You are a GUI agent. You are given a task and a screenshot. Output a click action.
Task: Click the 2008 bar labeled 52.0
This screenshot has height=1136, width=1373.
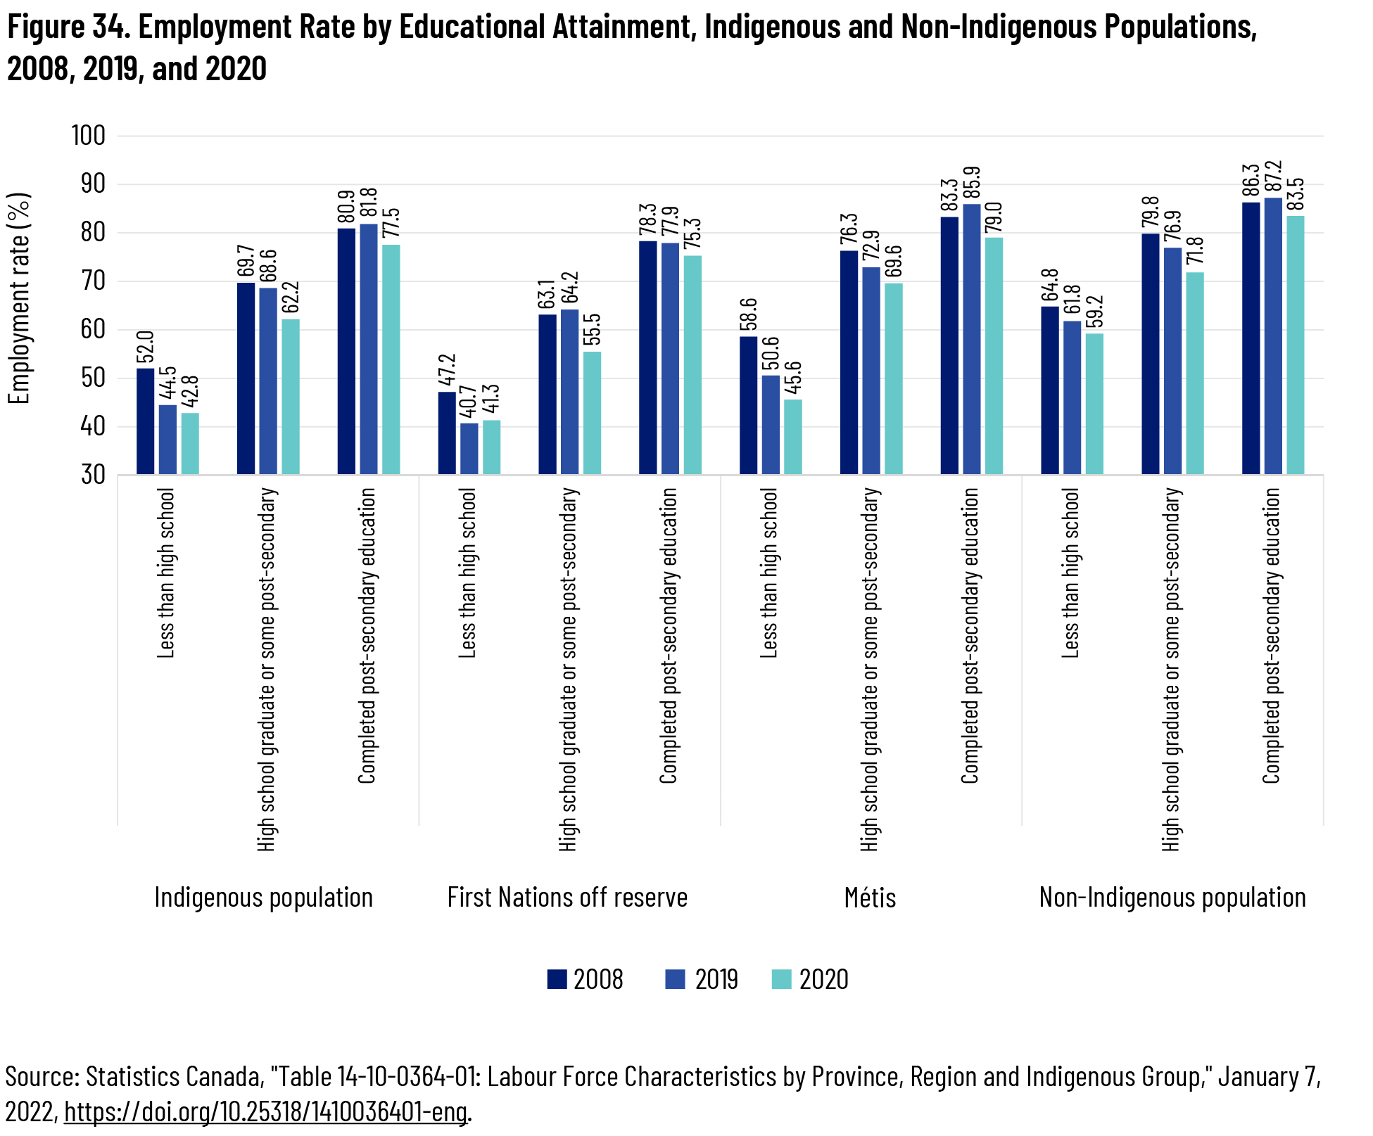tap(145, 421)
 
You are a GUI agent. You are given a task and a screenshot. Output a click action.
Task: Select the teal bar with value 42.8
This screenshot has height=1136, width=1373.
tap(190, 443)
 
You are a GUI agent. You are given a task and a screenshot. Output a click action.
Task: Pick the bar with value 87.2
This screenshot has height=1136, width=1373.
tap(1273, 336)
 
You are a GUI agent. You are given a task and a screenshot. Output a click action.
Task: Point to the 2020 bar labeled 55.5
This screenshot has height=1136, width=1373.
tap(593, 413)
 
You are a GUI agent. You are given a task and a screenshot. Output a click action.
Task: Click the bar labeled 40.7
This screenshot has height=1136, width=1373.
tap(469, 448)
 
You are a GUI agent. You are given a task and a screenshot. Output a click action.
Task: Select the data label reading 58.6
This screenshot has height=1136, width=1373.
tap(749, 314)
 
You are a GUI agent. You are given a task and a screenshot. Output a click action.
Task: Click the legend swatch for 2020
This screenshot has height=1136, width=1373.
tap(781, 979)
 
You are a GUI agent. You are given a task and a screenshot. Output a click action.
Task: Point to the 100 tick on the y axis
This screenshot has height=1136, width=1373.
tap(89, 136)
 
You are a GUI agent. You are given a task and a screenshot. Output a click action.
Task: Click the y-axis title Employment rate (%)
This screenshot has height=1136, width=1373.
tap(20, 298)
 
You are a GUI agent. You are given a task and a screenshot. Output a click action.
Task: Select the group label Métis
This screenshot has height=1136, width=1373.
tap(870, 898)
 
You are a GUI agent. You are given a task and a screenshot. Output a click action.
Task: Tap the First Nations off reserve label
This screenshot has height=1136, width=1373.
tap(567, 898)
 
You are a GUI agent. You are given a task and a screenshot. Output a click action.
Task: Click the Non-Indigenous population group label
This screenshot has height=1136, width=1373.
tap(1172, 898)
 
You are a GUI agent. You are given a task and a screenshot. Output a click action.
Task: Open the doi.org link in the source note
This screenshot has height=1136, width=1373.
tap(266, 1111)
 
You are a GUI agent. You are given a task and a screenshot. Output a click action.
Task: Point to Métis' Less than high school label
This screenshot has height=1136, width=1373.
tap(769, 573)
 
